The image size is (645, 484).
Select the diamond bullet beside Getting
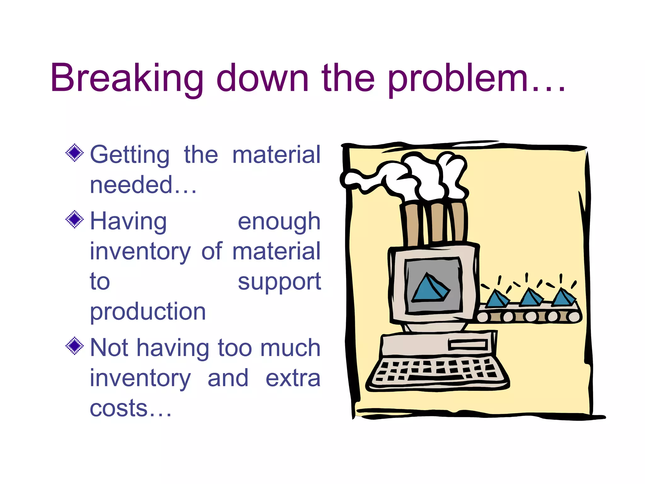point(75,153)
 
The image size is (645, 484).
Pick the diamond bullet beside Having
point(75,219)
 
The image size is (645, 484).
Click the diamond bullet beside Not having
point(75,346)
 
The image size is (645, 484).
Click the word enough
point(279,222)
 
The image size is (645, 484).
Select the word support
point(279,282)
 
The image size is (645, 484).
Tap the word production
point(148,312)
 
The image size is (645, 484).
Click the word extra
point(293,378)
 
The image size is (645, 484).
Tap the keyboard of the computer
point(438,372)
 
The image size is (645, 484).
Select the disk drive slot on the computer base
point(468,344)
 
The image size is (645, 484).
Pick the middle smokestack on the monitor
point(437,222)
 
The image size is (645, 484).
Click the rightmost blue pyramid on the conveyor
point(564,298)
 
